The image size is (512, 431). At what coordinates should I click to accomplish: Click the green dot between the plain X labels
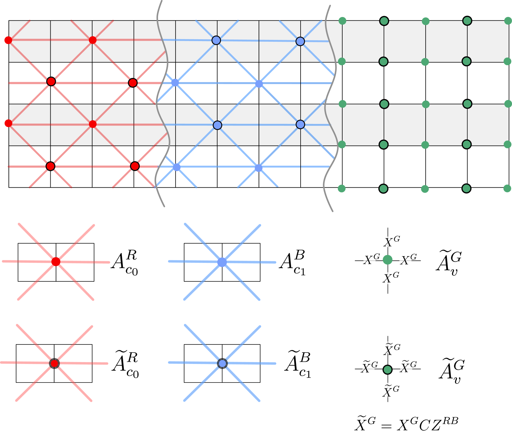click(x=387, y=260)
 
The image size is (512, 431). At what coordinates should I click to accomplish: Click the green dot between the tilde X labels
click(x=387, y=370)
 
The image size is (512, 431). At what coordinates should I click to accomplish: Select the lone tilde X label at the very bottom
click(x=362, y=422)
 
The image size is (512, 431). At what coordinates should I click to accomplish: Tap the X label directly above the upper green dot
click(x=388, y=242)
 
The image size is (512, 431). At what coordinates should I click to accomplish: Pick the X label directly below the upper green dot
click(x=388, y=278)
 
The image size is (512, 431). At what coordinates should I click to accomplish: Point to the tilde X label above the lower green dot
click(x=388, y=348)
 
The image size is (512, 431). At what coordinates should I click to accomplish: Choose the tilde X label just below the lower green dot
click(x=388, y=390)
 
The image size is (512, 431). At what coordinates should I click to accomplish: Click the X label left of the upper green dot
click(x=369, y=260)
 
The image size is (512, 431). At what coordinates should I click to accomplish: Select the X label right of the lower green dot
click(x=406, y=368)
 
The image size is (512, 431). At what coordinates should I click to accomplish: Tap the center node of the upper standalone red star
click(x=56, y=262)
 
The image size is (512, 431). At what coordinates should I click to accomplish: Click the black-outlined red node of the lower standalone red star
click(x=54, y=363)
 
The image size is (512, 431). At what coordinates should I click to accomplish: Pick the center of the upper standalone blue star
click(x=222, y=262)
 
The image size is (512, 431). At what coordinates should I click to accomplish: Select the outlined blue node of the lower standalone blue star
click(x=222, y=363)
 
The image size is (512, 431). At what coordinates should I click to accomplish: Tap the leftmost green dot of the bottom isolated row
click(x=342, y=188)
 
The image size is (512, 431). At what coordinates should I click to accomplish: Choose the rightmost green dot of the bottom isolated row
click(x=507, y=188)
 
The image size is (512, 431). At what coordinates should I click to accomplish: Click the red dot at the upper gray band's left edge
click(x=8, y=40)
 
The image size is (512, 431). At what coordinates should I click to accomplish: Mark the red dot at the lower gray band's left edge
click(x=8, y=124)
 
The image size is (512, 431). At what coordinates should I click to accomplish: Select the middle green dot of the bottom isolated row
click(x=425, y=189)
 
